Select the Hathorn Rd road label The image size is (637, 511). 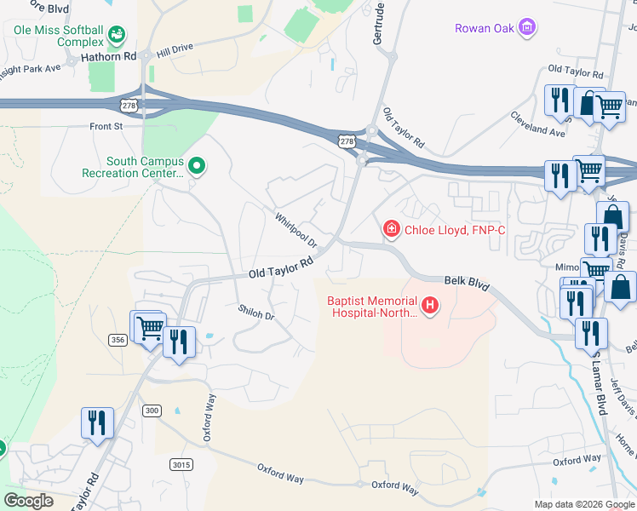tap(108, 57)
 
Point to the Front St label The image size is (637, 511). tap(106, 126)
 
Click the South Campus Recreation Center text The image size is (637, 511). tap(133, 167)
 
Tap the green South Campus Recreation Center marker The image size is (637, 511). tap(197, 166)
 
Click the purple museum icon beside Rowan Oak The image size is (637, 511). tap(528, 27)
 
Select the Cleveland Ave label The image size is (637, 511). tap(537, 124)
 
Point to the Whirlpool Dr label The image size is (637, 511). tap(296, 230)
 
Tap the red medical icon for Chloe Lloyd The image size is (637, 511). tap(391, 227)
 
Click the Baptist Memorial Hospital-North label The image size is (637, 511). tap(372, 306)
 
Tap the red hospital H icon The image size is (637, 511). tap(431, 304)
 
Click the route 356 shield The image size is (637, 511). tap(118, 340)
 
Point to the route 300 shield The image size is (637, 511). tap(152, 411)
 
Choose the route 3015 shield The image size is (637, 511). tap(181, 464)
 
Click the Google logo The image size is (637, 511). tap(29, 501)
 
